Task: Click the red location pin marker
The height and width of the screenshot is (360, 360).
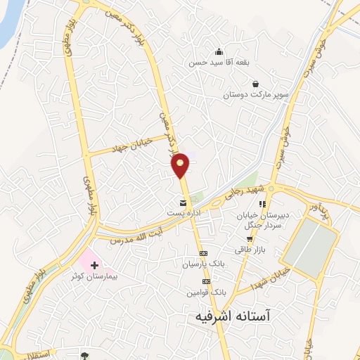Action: coord(181,165)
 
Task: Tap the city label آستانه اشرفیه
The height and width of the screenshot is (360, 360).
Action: coord(232,317)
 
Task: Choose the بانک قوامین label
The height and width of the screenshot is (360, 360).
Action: coord(208,291)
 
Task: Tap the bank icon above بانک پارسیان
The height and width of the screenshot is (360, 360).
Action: coord(204,254)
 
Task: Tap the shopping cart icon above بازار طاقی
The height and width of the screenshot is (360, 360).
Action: coord(250,239)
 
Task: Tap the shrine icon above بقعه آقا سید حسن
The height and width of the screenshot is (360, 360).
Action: coord(219,51)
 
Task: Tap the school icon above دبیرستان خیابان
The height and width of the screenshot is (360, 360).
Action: coord(262,205)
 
